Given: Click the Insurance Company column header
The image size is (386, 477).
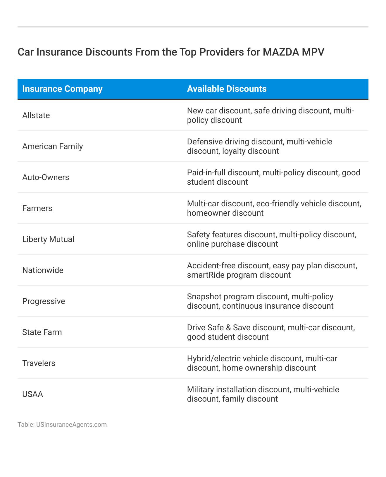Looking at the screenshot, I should click(62, 89).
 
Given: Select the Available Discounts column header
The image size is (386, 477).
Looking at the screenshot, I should click(227, 89).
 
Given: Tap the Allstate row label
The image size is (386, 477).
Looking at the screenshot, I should click(36, 115).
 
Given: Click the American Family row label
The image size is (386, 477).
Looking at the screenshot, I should click(53, 146).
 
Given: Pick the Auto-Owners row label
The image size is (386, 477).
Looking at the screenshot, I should click(46, 177).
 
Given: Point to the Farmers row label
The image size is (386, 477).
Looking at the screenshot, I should click(37, 208).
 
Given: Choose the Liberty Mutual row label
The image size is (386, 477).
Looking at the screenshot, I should click(48, 239).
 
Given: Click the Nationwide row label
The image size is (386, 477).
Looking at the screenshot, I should click(43, 270).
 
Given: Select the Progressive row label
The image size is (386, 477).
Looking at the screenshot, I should click(44, 301).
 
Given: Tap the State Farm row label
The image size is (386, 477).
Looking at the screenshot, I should click(42, 332).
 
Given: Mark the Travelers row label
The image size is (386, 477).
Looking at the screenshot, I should click(39, 363).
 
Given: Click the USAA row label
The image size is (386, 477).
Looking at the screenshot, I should click(32, 395).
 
